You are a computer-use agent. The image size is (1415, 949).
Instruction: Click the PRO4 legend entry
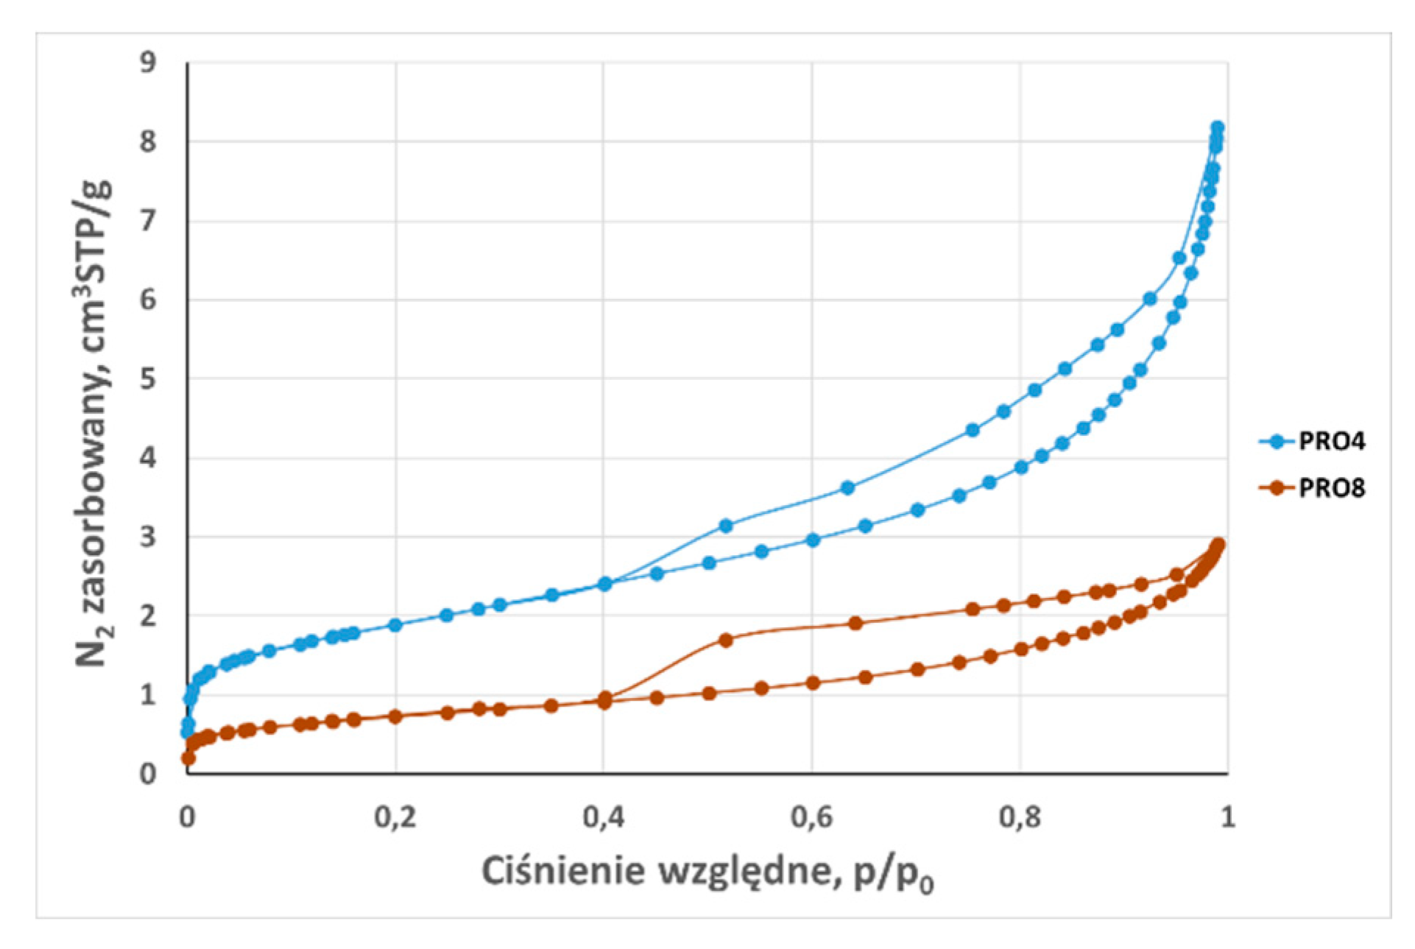coord(1312,441)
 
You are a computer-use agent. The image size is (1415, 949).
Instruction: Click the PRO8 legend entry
coord(1312,487)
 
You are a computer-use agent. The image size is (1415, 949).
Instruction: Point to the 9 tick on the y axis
coord(149,62)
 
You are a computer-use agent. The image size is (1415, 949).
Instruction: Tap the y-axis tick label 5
coord(149,379)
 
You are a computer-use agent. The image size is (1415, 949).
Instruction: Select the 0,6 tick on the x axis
coord(811,816)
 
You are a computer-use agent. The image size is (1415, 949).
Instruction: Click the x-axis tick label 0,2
coord(395,816)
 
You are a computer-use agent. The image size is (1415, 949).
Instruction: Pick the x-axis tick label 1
coord(1227,816)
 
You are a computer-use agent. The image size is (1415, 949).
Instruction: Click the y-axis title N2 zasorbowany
coord(94,423)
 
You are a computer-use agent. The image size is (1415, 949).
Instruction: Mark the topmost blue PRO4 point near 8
coord(1217,127)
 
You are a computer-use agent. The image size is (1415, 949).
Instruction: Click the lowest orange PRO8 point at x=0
coord(188,758)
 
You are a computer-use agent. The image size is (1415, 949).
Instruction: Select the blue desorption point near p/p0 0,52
coord(726,526)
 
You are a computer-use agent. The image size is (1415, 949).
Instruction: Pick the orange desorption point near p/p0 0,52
coord(726,640)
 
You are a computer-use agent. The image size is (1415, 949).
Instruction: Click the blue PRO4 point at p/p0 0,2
coord(395,625)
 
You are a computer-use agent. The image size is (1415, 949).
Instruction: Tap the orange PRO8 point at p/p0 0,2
coord(395,716)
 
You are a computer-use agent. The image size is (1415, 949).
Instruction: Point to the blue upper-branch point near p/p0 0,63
coord(847,487)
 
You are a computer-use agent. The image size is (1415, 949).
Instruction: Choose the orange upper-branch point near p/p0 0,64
coord(855,624)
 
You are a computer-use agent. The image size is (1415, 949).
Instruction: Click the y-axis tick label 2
coord(149,615)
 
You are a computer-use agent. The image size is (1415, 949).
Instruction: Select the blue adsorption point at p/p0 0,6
coord(813,540)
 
